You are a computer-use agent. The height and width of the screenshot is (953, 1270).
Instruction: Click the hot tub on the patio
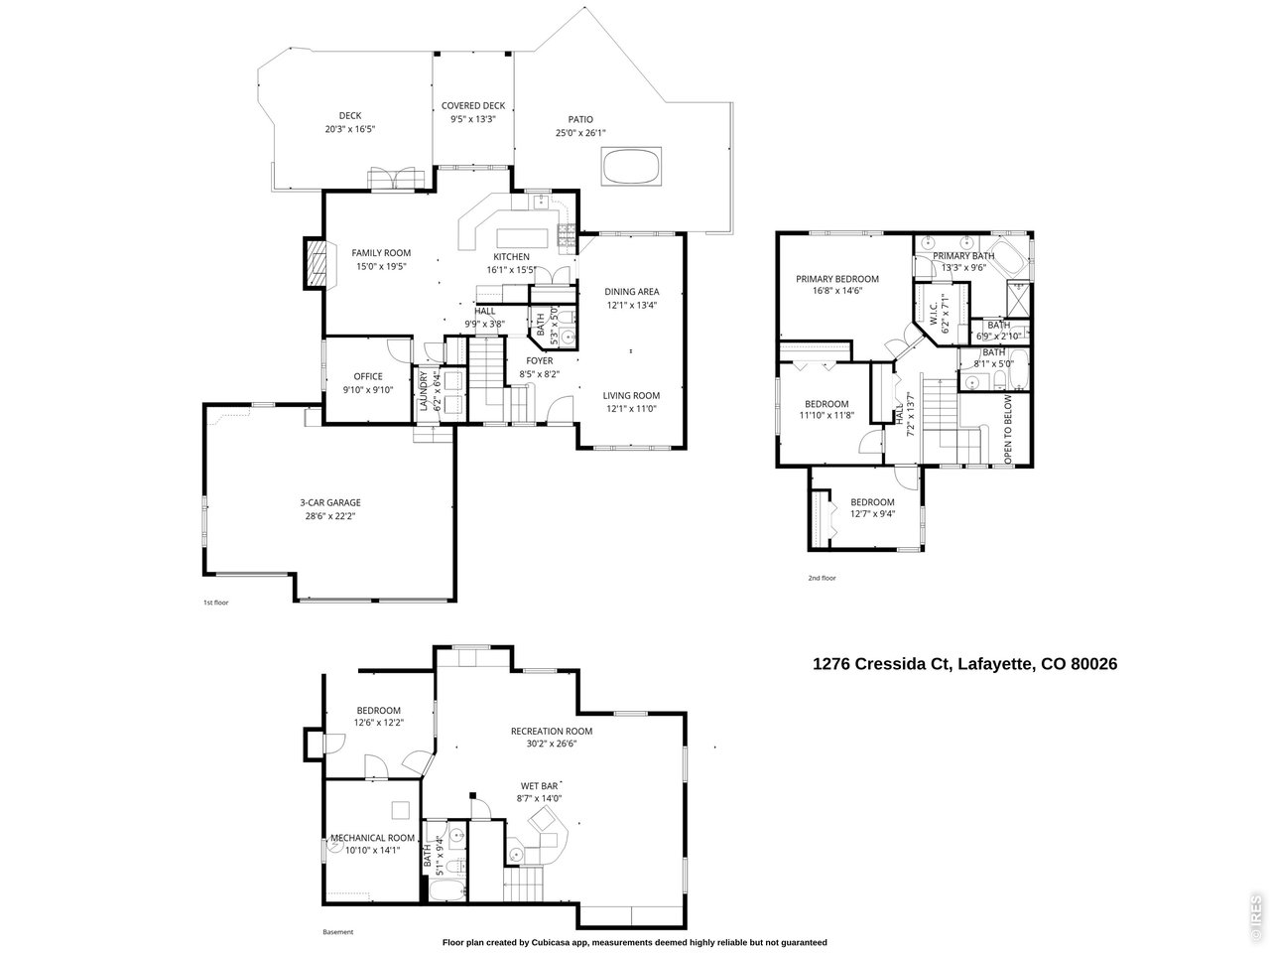tap(632, 166)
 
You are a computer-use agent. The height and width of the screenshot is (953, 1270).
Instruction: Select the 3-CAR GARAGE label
tap(330, 502)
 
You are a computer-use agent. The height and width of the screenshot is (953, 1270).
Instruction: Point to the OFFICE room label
tap(368, 376)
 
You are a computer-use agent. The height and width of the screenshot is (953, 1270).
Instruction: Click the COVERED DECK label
tap(473, 105)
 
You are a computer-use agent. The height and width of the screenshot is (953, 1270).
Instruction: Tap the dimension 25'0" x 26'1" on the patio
tap(580, 133)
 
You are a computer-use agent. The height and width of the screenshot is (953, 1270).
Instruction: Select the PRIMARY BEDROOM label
tap(836, 279)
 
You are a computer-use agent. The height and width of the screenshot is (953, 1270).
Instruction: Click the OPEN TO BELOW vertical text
tap(1008, 429)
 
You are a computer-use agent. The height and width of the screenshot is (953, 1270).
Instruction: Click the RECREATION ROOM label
tap(551, 731)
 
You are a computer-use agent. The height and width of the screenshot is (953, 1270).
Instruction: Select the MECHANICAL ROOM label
tap(372, 837)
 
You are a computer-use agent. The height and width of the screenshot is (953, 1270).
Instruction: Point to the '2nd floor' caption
tap(822, 578)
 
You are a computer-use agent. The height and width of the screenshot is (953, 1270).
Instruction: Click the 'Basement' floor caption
tap(337, 932)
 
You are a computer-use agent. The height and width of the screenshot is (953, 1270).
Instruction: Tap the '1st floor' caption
tap(215, 603)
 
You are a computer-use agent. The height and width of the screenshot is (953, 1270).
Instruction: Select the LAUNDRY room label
tap(424, 391)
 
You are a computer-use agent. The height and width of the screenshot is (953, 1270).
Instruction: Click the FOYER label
tap(539, 360)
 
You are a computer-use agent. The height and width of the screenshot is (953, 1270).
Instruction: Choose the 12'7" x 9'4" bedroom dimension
tap(872, 513)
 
